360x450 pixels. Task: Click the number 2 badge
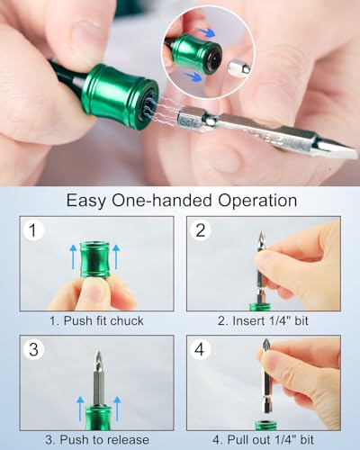point(202,231)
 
